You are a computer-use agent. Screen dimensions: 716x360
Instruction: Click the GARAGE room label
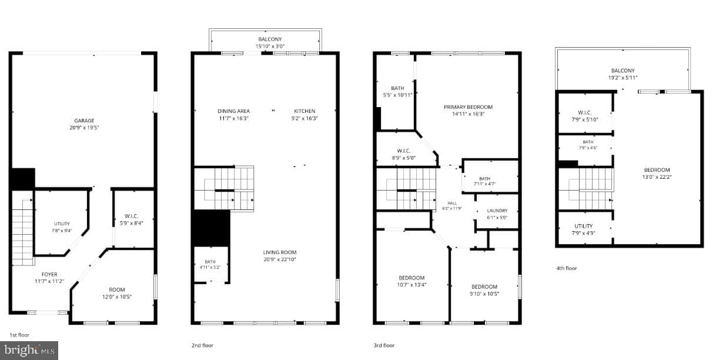(84, 121)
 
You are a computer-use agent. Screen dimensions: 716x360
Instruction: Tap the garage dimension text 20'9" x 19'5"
(84, 128)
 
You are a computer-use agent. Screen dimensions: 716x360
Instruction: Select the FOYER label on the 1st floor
(49, 274)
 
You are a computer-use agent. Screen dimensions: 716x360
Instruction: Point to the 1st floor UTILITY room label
(62, 224)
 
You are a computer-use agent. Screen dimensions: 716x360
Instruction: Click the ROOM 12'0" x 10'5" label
(116, 293)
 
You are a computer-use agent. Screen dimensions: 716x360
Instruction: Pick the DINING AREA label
(233, 111)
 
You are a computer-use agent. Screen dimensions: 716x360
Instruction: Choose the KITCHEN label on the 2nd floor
(305, 111)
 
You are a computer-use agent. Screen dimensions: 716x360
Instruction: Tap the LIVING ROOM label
(280, 252)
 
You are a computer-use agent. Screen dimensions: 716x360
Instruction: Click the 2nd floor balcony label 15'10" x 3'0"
(270, 46)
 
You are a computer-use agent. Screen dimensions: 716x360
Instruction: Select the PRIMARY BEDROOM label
(468, 107)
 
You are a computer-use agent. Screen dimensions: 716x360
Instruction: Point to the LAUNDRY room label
(497, 211)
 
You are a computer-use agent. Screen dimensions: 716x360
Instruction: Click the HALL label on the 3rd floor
(452, 203)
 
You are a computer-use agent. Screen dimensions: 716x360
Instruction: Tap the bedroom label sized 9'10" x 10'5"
(484, 291)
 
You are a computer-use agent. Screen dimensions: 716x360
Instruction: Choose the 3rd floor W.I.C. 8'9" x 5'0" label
(404, 154)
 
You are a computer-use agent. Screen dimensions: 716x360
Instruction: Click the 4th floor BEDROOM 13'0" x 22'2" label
(657, 174)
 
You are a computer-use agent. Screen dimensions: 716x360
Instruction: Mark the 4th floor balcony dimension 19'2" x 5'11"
(623, 78)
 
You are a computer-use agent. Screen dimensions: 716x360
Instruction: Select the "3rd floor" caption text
(384, 345)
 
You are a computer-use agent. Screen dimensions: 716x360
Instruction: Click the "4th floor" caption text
(567, 268)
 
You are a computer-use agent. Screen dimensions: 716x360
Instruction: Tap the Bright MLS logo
(29, 351)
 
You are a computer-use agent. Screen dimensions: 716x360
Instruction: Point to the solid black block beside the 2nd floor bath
(211, 228)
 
